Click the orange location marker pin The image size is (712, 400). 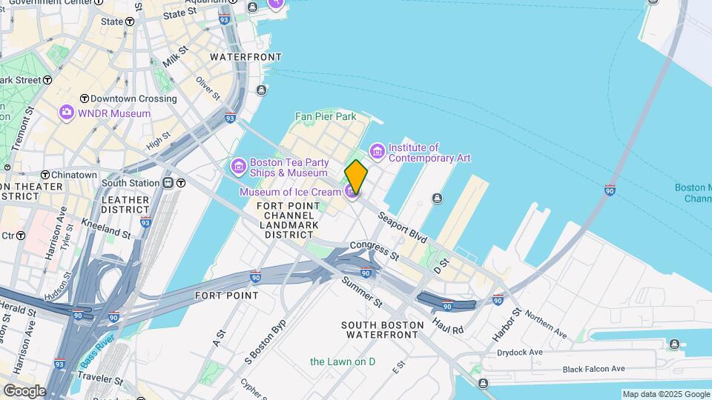(x=356, y=177)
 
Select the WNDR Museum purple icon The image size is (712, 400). (x=67, y=113)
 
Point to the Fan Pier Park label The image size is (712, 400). (x=326, y=116)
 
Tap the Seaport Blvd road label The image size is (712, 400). (x=403, y=229)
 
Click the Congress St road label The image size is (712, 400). (x=374, y=250)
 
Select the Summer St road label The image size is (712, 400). (x=362, y=293)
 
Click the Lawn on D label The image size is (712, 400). (x=343, y=361)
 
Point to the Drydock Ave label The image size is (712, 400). (x=520, y=353)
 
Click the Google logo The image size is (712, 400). (x=24, y=391)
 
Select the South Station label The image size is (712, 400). (x=131, y=183)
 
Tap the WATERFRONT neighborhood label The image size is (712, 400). (x=245, y=57)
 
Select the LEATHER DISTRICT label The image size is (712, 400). (x=125, y=205)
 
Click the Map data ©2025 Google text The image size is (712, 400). (x=665, y=394)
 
